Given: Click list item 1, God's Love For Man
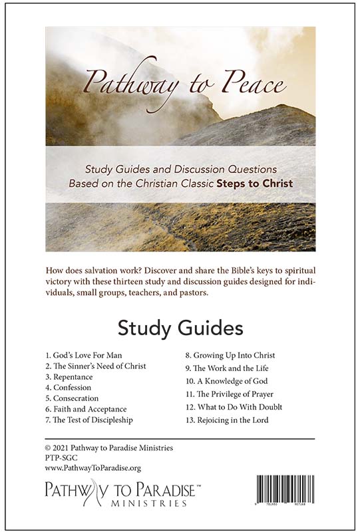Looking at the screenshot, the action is [x=83, y=355].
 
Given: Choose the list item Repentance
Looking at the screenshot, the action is [x=69, y=376].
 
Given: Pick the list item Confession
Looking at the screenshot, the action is [x=68, y=387].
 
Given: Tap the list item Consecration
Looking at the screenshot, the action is [x=72, y=398].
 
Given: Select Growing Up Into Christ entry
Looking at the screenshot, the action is [x=230, y=355].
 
